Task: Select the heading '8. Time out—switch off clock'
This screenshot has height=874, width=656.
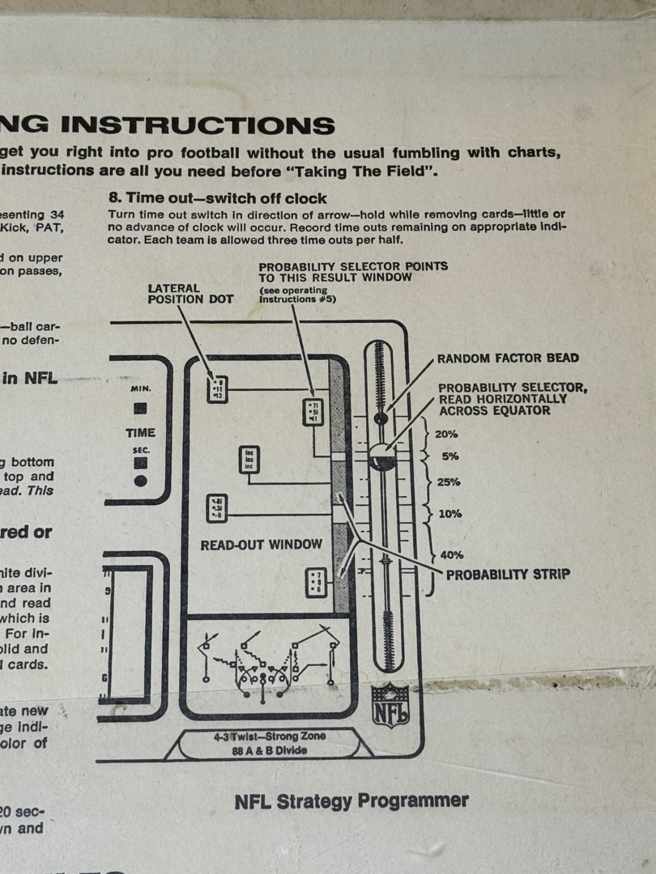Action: click(x=218, y=198)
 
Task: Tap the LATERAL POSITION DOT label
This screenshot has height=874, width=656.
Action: click(x=190, y=293)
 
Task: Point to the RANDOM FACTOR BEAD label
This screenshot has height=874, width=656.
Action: click(x=508, y=359)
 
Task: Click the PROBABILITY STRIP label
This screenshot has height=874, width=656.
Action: click(x=508, y=575)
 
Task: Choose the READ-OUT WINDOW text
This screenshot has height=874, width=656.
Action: click(x=261, y=545)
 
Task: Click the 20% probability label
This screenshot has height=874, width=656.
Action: click(x=446, y=435)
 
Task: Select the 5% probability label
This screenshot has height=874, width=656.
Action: click(x=450, y=456)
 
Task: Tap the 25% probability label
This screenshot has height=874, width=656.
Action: click(x=448, y=482)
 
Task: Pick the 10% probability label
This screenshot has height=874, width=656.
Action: click(x=449, y=514)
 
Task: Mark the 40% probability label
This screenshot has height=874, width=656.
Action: click(x=451, y=555)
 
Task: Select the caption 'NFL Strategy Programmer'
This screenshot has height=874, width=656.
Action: click(x=351, y=801)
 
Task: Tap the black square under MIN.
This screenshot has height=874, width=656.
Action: click(x=140, y=409)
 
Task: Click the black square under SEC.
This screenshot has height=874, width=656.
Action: click(x=140, y=463)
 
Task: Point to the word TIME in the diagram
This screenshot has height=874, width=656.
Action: click(x=140, y=434)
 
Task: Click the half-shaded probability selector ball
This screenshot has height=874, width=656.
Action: click(x=381, y=458)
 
